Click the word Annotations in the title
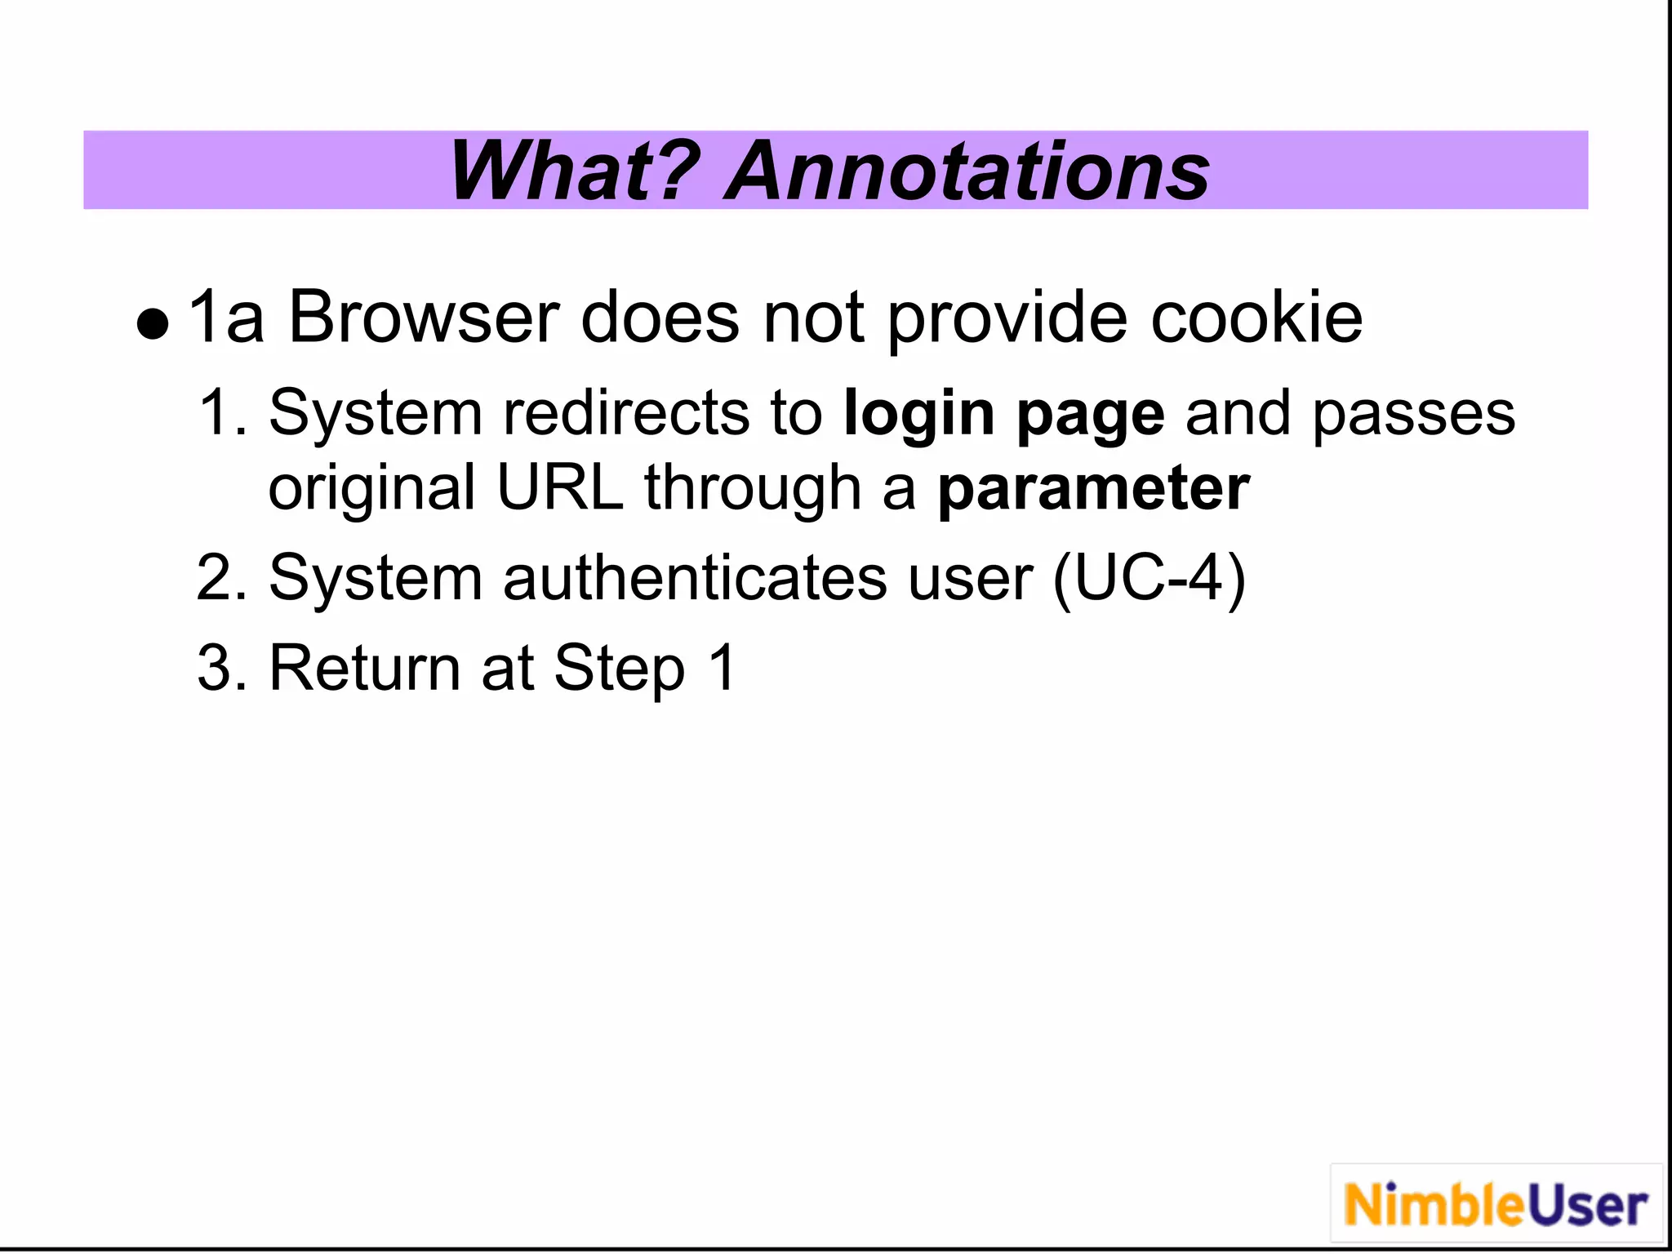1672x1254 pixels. coord(967,171)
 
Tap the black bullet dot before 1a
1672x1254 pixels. coord(153,324)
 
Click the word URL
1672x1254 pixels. coord(560,488)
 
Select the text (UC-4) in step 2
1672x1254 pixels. coord(1149,579)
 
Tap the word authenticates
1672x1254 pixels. coord(695,579)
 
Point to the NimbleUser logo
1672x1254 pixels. coord(1496,1205)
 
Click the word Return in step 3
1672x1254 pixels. coord(364,669)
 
